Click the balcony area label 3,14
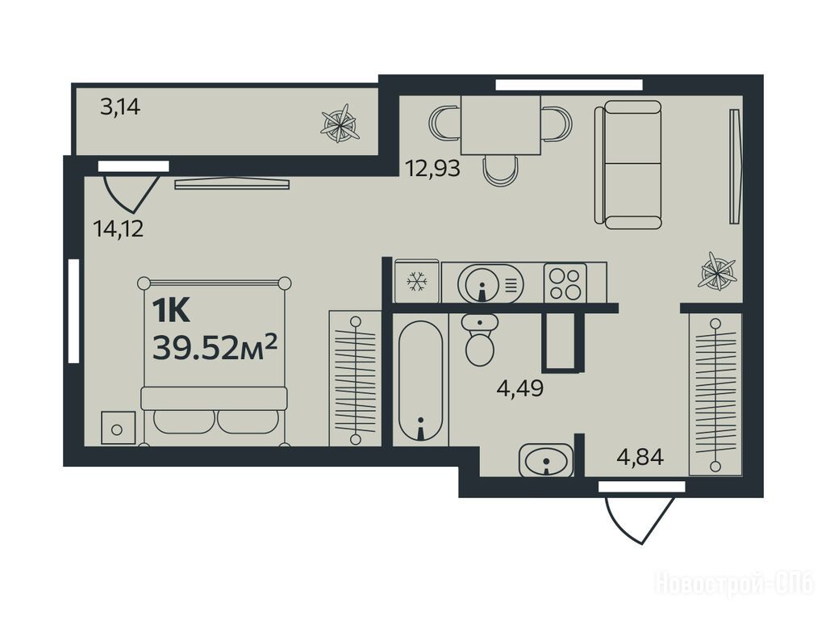120,107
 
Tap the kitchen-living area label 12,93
432,169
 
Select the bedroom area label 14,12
118,228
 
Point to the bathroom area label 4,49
520,388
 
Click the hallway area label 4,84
640,457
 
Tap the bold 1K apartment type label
171,311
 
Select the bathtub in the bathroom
420,380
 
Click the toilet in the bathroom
479,340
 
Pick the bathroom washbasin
546,459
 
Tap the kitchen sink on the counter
490,283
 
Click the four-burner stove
565,283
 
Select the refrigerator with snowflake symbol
417,282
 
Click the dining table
500,125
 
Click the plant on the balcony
340,124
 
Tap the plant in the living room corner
716,271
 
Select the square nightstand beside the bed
118,428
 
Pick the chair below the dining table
500,171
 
